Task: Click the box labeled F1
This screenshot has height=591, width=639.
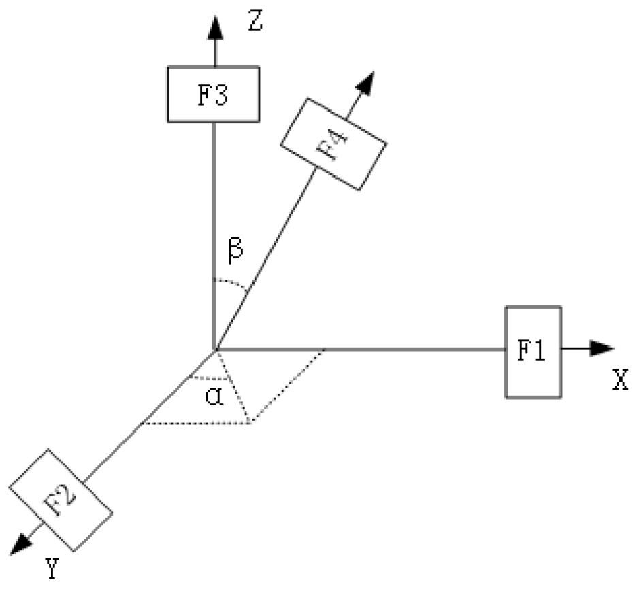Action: point(533,352)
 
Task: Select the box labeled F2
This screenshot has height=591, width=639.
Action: point(61,499)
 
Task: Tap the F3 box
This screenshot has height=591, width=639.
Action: point(214,94)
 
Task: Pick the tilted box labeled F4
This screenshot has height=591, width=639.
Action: point(333,144)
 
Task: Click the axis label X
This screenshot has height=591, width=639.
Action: point(620,380)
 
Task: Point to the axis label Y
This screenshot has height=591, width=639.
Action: point(52,569)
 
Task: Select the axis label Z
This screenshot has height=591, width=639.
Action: point(255,21)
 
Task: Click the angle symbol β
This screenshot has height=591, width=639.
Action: point(235,251)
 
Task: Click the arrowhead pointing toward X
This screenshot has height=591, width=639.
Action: point(603,348)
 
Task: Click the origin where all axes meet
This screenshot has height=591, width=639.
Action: point(215,350)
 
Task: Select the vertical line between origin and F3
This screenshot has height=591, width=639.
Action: point(214,231)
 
